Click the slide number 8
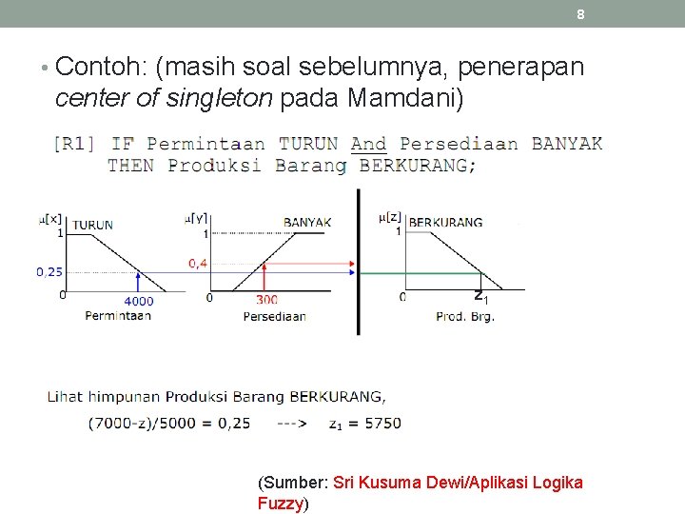pyautogui.click(x=580, y=14)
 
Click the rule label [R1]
pyautogui.click(x=74, y=144)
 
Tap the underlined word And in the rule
pyautogui.click(x=368, y=144)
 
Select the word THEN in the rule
pyautogui.click(x=131, y=165)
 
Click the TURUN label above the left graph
pyautogui.click(x=92, y=225)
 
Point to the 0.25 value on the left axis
pyautogui.click(x=50, y=271)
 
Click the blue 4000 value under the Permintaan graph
pyautogui.click(x=138, y=301)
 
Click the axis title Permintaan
pyautogui.click(x=118, y=315)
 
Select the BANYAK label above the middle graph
pyautogui.click(x=307, y=223)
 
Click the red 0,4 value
pyautogui.click(x=199, y=263)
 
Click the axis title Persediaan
pyautogui.click(x=274, y=316)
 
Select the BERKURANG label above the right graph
pyautogui.click(x=445, y=222)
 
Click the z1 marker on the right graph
pyautogui.click(x=481, y=296)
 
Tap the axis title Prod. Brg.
pyautogui.click(x=465, y=316)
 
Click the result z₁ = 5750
pyautogui.click(x=366, y=423)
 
